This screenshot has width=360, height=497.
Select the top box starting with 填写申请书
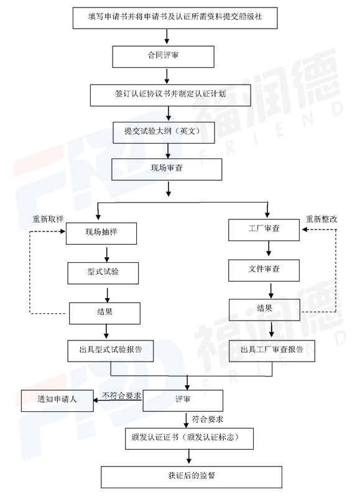(166, 17)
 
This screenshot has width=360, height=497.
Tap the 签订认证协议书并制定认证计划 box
(170, 94)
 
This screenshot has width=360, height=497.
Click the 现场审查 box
(167, 168)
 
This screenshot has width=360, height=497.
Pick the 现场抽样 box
(101, 232)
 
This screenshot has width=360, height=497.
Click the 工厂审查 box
(264, 229)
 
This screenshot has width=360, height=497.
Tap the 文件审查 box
(264, 270)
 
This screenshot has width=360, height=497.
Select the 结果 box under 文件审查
(264, 309)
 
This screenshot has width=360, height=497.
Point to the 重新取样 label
(48, 219)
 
